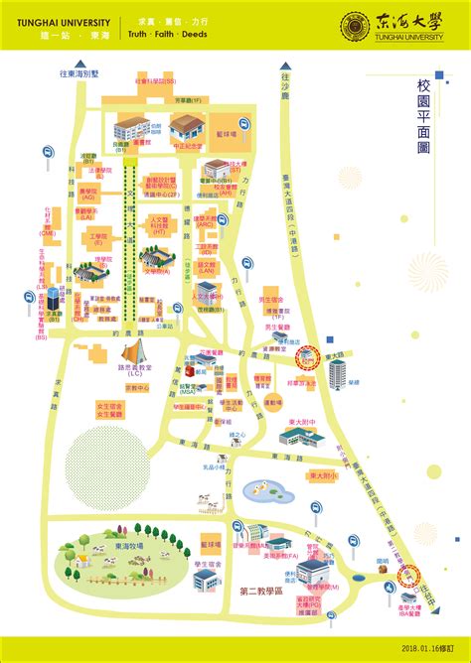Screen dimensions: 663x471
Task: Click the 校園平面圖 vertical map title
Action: [x=424, y=120]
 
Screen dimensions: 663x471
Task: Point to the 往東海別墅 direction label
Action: [x=79, y=72]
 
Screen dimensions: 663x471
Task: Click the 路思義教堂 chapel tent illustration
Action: [x=136, y=347]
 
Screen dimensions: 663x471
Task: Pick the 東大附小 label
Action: [x=323, y=475]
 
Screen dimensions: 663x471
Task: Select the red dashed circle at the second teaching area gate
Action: [x=409, y=575]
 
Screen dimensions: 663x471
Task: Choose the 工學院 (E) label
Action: [x=97, y=238]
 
